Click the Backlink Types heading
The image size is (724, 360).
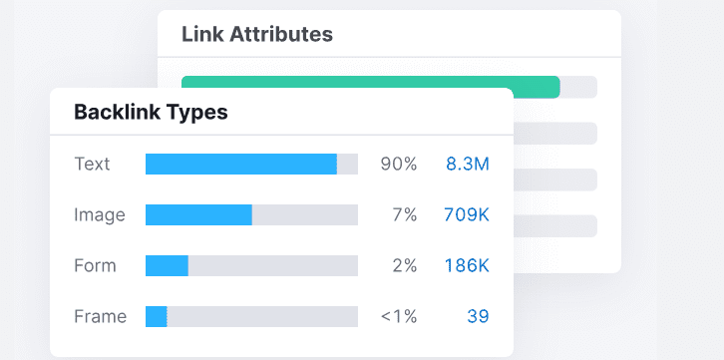point(151,112)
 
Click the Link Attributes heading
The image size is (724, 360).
point(256,34)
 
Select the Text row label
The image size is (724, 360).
point(93,164)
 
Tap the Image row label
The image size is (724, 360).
point(100,214)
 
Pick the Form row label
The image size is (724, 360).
point(96,265)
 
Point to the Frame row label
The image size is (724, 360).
point(101,316)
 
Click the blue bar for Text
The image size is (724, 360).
point(240,164)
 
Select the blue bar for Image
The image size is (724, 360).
point(198,214)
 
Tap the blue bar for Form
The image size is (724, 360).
point(167,265)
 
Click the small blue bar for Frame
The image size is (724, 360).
point(157,316)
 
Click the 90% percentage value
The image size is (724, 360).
point(398,164)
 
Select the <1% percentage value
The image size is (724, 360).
point(398,316)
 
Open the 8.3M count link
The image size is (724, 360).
point(467,164)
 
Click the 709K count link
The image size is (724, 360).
point(466,214)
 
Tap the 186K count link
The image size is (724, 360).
point(466,265)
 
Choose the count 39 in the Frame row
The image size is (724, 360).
point(478,316)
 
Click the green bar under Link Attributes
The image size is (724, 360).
point(370,87)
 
